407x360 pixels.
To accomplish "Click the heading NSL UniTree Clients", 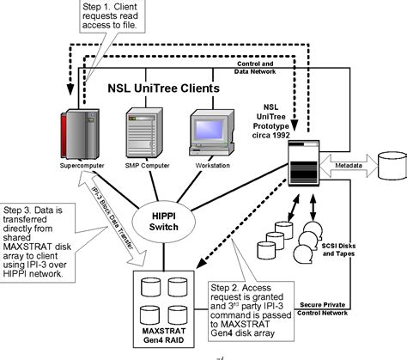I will [x=163, y=88].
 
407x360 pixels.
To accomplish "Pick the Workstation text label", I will [x=209, y=164].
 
